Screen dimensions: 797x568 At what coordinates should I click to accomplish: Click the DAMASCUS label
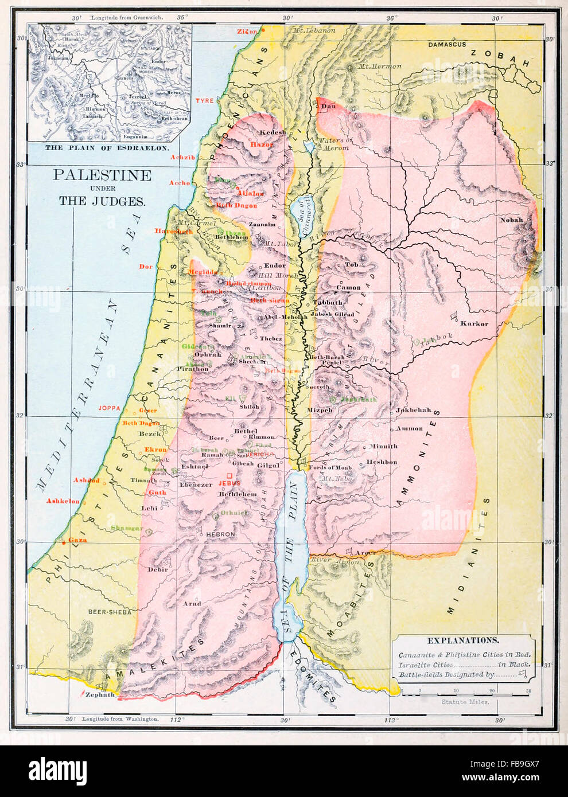[x=447, y=44]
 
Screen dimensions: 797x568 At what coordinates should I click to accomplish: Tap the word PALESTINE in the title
[x=102, y=175]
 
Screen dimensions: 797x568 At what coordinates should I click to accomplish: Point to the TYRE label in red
[x=204, y=100]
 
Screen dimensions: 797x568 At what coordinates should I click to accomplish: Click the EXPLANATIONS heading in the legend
[x=462, y=640]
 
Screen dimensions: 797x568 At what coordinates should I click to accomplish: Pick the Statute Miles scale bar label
[x=465, y=702]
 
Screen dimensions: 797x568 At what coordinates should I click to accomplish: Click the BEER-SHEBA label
[x=110, y=612]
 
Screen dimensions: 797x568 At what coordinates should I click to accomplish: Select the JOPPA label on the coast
[x=110, y=408]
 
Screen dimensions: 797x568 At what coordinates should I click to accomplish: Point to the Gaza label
[x=77, y=540]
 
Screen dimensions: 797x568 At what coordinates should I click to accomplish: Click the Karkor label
[x=474, y=324]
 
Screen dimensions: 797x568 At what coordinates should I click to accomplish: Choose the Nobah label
[x=511, y=220]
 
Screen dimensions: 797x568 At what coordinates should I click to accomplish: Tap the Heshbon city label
[x=382, y=462]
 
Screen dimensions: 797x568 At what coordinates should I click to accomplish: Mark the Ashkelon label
[x=63, y=501]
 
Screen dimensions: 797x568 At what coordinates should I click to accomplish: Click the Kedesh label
[x=273, y=132]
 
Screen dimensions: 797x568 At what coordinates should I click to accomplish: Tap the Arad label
[x=192, y=603]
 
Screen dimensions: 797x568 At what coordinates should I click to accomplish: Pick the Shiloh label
[x=249, y=407]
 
